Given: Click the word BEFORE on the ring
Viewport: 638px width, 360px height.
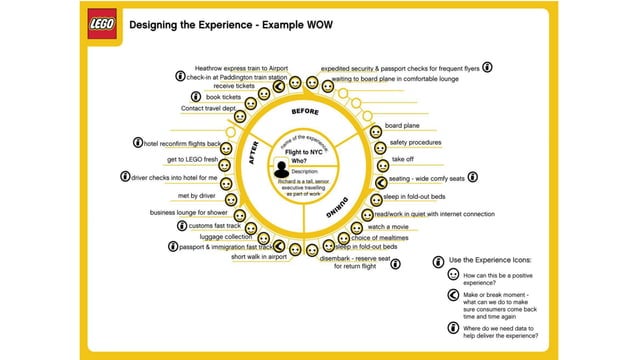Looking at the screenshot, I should coord(305,110).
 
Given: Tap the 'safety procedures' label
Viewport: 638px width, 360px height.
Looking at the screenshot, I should coord(407,143).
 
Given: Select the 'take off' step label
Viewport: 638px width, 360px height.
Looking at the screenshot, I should coord(403,159).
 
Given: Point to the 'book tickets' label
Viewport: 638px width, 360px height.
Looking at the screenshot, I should coord(226,97).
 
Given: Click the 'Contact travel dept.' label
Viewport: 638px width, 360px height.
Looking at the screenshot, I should coord(208,108).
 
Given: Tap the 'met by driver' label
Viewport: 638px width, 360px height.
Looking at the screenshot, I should coord(196,195).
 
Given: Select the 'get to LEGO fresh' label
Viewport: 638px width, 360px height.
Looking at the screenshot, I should coord(192,160).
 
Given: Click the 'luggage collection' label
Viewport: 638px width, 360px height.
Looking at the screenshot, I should coord(226,236).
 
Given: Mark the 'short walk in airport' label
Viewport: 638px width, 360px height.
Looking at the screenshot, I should coord(258,257).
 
